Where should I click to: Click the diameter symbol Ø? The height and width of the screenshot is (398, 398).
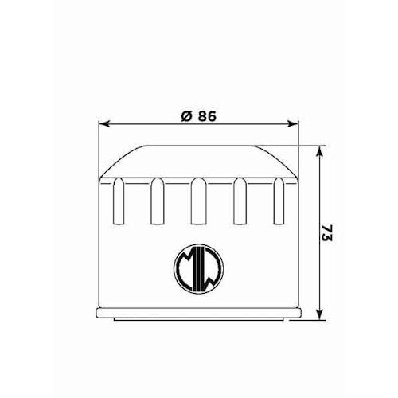[185, 115]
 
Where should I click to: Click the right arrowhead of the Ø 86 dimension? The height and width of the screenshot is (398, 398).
[292, 123]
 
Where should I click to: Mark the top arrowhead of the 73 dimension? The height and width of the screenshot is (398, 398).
[319, 150]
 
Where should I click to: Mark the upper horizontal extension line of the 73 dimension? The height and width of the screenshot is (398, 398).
[295, 145]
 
